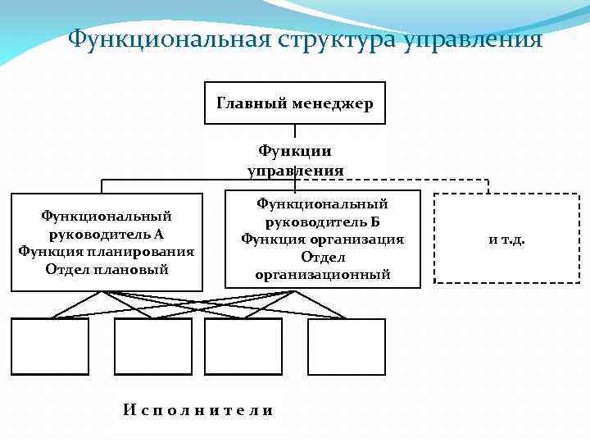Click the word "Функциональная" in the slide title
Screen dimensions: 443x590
coord(171,39)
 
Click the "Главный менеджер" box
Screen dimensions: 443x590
coord(295,103)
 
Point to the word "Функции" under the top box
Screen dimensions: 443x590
coord(295,151)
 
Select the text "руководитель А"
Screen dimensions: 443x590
coord(106,234)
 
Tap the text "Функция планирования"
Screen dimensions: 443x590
coord(106,251)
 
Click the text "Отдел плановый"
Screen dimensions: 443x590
coord(106,268)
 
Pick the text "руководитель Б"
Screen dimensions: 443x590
coord(322,221)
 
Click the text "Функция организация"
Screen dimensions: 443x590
coord(322,239)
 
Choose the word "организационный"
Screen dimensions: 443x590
coord(322,274)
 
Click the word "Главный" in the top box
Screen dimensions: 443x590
coord(246,103)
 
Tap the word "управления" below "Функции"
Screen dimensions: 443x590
coord(295,171)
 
